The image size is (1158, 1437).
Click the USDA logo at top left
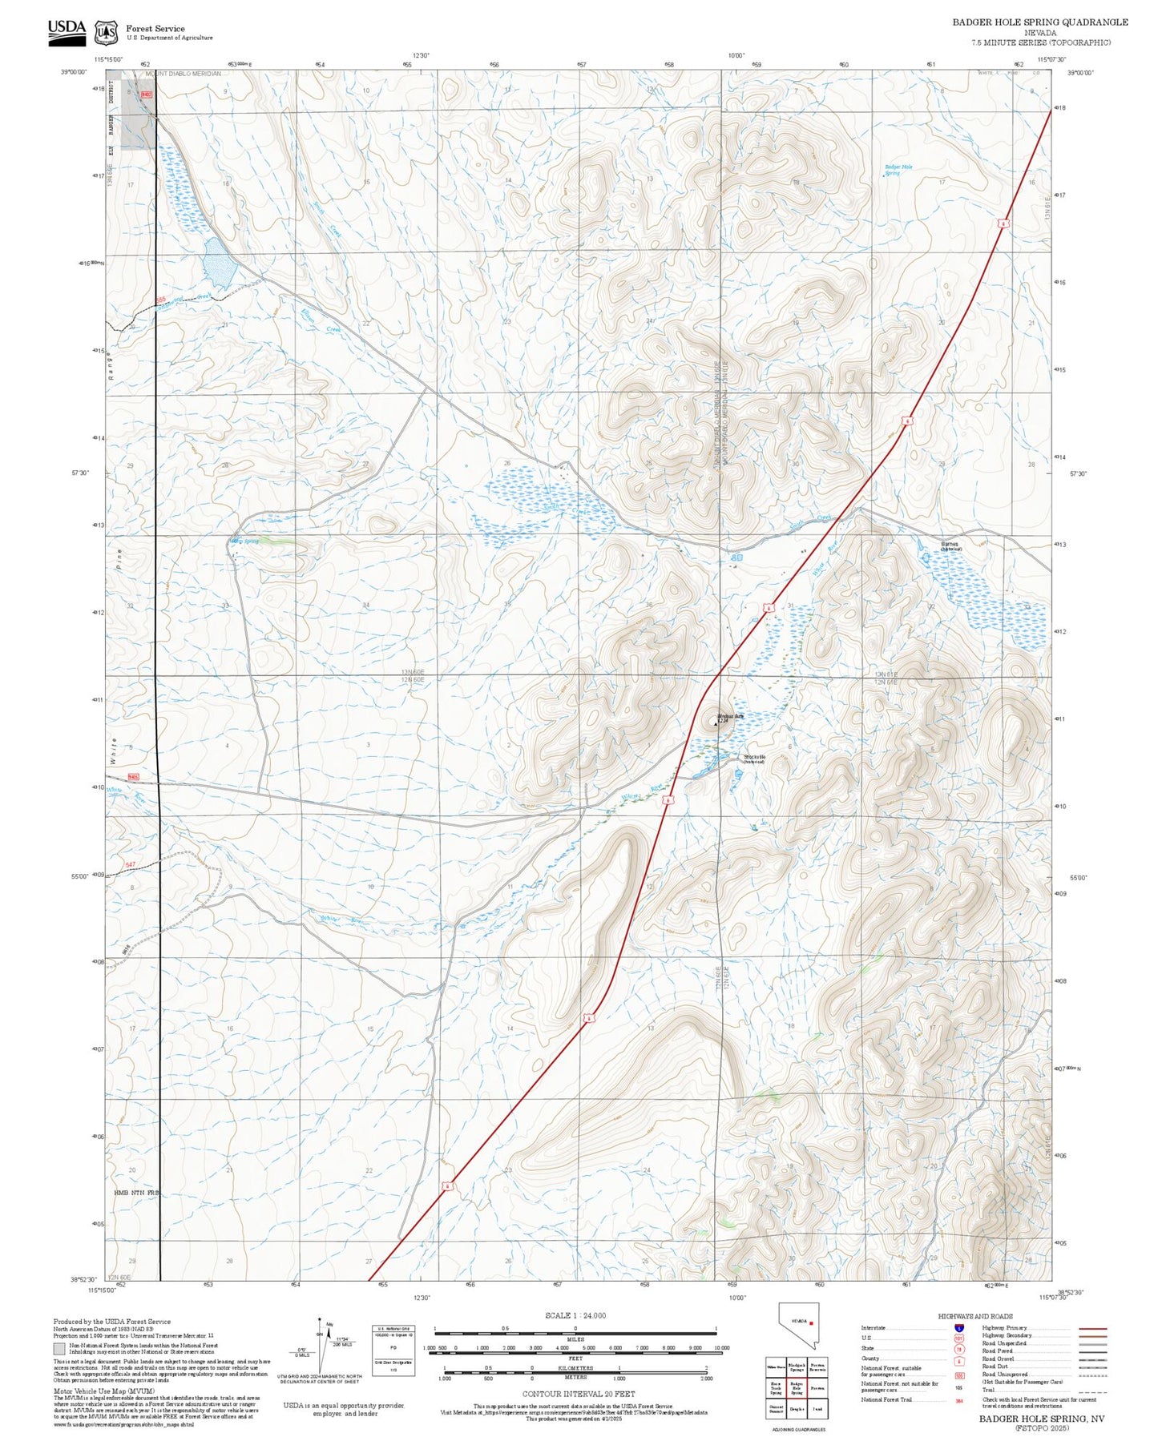(67, 30)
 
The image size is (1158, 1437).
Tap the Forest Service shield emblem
(105, 33)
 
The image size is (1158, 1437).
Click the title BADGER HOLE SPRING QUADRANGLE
(1039, 22)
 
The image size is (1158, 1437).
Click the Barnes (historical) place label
(950, 546)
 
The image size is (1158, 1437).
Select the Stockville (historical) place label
(754, 759)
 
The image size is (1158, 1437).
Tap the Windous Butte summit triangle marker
(716, 723)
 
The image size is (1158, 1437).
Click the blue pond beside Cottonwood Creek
(218, 261)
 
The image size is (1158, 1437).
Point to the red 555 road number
(160, 300)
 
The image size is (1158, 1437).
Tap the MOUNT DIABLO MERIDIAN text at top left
(183, 74)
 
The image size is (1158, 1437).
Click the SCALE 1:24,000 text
(575, 1315)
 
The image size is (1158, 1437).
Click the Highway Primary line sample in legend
(1092, 1328)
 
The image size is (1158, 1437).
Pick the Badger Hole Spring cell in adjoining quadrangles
(797, 1388)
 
